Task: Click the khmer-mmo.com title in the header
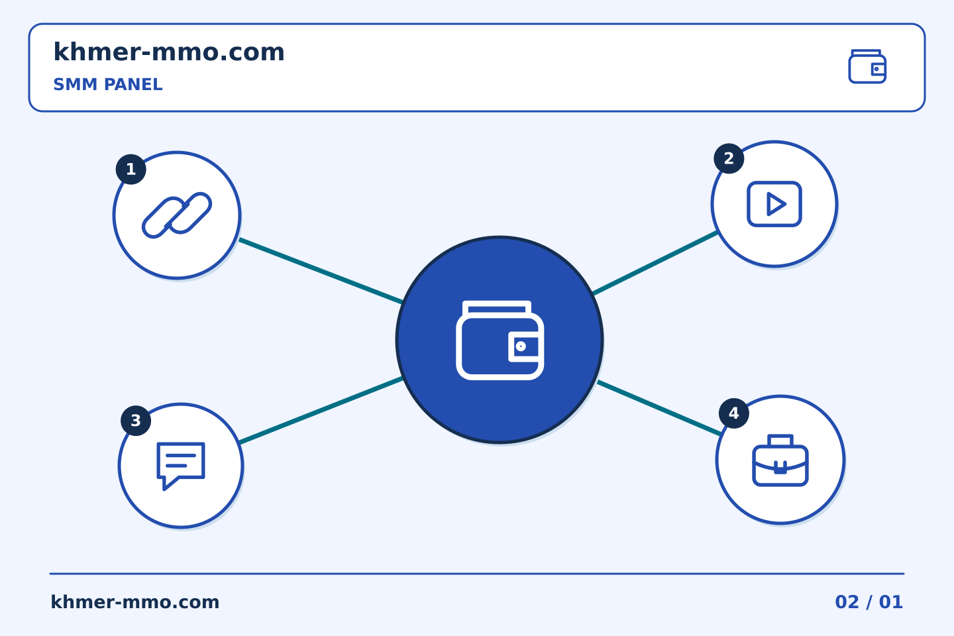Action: (x=169, y=52)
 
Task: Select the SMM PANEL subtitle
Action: (x=108, y=84)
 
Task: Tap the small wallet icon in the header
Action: (x=867, y=66)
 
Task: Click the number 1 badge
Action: (x=131, y=170)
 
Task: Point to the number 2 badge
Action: (x=729, y=158)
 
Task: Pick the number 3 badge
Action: (x=136, y=421)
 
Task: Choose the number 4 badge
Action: (x=734, y=413)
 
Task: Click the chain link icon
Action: (x=177, y=215)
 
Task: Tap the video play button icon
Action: (x=774, y=204)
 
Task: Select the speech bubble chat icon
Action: (x=181, y=466)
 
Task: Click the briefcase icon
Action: (x=780, y=460)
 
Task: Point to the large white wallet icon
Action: (x=500, y=340)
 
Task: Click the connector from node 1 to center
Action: (x=321, y=271)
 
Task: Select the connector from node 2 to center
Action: (x=655, y=263)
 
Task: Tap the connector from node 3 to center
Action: (x=321, y=410)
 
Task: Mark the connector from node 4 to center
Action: (x=660, y=408)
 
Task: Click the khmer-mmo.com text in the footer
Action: (x=134, y=602)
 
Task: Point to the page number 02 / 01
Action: (x=869, y=602)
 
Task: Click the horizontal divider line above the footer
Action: (x=477, y=574)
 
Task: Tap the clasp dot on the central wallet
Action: (x=521, y=346)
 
